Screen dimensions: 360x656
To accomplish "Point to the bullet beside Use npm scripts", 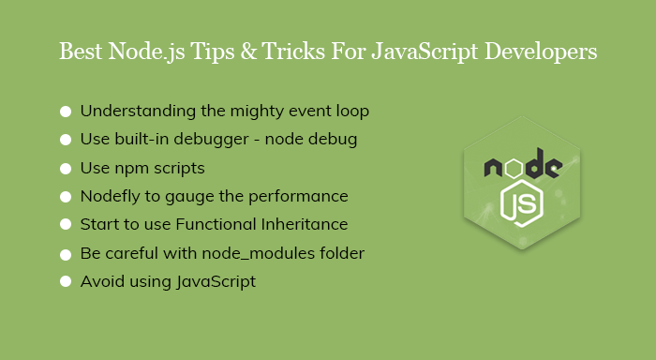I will point(66,169).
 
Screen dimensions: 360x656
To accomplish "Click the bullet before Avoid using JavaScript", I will point(66,281).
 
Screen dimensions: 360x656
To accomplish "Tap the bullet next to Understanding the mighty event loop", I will point(66,112).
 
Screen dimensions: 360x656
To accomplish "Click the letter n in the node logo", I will point(495,169).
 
